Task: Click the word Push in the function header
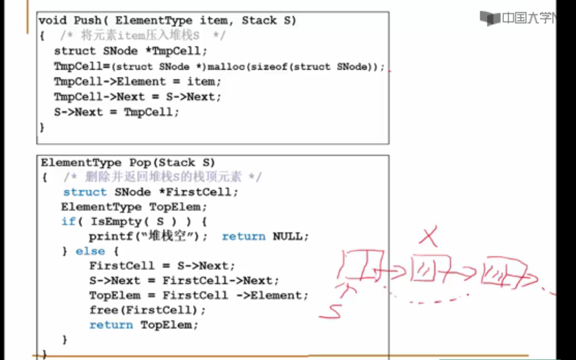pos(87,20)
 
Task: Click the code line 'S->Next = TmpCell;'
pos(116,112)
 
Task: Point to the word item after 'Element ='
pos(200,82)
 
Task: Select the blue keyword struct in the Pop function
pos(85,192)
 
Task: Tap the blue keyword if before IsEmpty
pos(68,222)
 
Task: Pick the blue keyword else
pos(90,252)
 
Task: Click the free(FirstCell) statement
pos(147,310)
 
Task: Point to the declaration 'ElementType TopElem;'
pos(134,207)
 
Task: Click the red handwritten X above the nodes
pos(429,238)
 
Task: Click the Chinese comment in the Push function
pos(143,35)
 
